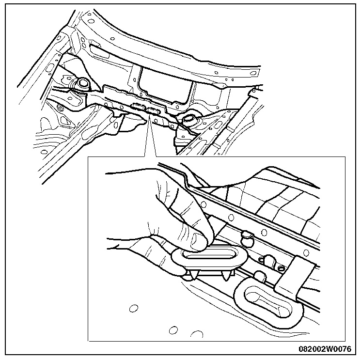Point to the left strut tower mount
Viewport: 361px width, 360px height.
[82, 84]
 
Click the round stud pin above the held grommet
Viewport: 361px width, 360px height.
[247, 236]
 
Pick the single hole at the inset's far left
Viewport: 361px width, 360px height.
[132, 308]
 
